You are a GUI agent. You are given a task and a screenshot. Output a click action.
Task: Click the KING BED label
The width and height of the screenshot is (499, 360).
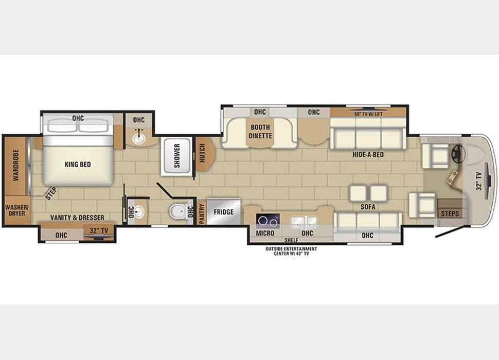pos(78,165)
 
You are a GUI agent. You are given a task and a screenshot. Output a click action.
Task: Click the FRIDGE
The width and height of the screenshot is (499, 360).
pos(224,212)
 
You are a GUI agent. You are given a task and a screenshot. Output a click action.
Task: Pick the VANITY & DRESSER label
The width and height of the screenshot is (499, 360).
pos(77,218)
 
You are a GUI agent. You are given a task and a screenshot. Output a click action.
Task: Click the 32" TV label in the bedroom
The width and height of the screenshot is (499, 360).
pos(99,231)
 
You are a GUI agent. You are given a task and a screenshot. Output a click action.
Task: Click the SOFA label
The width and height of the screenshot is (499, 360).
pos(368,207)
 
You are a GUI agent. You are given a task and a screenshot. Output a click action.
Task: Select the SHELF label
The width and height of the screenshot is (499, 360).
pos(291,240)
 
